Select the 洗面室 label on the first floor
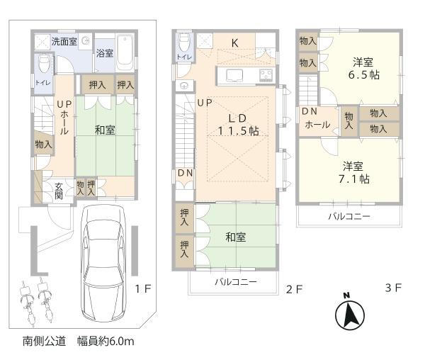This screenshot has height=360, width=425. click(64, 41)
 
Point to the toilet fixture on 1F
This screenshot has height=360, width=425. click(42, 66)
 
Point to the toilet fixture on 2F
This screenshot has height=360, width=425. click(183, 41)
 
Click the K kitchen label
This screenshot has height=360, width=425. click(234, 44)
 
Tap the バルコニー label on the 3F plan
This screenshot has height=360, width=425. click(348, 217)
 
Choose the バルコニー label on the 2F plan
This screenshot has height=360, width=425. click(236, 282)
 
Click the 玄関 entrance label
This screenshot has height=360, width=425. click(60, 191)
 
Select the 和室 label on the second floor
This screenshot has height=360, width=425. click(236, 237)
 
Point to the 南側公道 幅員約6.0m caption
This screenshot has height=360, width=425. click(78, 341)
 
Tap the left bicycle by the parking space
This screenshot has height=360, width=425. click(25, 300)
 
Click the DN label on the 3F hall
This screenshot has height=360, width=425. click(309, 111)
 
